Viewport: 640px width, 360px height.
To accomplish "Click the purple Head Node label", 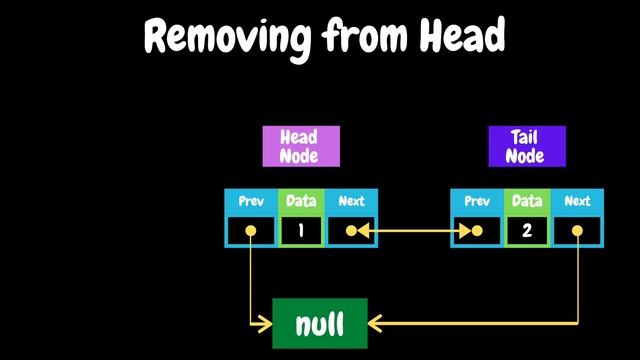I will point(301,146).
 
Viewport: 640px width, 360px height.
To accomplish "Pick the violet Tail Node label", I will point(527,146).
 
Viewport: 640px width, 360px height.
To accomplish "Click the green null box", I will point(320,323).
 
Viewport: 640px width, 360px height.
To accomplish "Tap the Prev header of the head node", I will point(250,201).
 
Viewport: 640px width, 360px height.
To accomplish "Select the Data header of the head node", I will point(301,201).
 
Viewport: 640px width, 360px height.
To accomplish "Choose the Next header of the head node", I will point(352,201).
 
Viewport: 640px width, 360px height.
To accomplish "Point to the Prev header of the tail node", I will point(477,201).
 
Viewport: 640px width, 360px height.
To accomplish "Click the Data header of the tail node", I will point(527,201).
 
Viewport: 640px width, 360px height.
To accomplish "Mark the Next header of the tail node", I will point(578,201).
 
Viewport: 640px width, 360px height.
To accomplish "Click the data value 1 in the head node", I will point(301,232).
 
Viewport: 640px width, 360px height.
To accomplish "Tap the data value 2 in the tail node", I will point(527,232).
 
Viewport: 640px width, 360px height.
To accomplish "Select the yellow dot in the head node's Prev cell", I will point(250,232).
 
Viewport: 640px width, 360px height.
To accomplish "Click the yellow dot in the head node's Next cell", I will point(350,232).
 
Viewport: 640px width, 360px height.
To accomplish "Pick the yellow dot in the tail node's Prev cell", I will point(478,232).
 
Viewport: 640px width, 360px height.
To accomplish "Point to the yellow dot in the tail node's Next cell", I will point(578,232).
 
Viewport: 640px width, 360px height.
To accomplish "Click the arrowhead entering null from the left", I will point(267,323).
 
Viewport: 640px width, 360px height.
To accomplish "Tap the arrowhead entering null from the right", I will point(374,323).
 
